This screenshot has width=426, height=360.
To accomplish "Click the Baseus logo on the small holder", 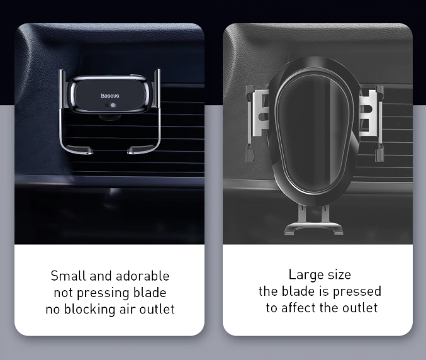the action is coord(109,96).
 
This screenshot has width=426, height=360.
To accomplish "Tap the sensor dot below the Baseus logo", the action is coord(113,105).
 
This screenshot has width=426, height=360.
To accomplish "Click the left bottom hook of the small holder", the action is coord(79,150).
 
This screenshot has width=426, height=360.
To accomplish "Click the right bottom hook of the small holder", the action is coord(142,150).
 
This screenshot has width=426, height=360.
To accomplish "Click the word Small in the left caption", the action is coord(69,276).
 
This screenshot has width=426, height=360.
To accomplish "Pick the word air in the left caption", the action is coord(128,310).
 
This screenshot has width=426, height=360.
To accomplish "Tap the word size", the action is coord(339,274).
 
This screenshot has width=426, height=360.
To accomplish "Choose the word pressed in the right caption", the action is coord(357,292).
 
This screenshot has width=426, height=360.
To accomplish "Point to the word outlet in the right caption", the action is coord(360,308).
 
